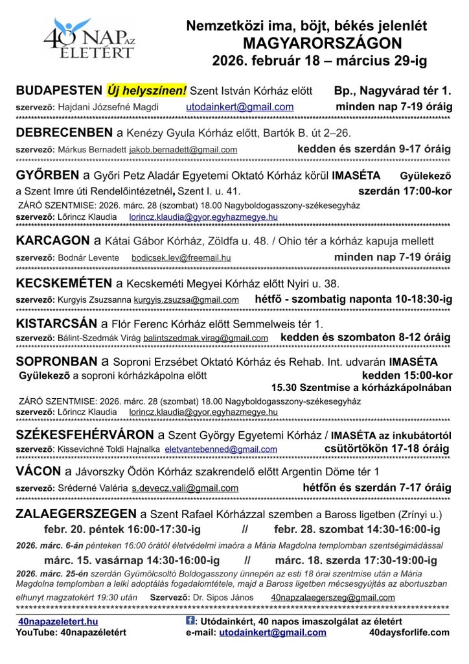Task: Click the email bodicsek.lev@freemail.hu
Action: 181,257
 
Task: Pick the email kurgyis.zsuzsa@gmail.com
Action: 187,300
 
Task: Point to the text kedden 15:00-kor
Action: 406,375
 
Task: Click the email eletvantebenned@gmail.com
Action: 221,449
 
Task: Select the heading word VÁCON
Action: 39,471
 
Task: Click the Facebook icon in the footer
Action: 190,620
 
